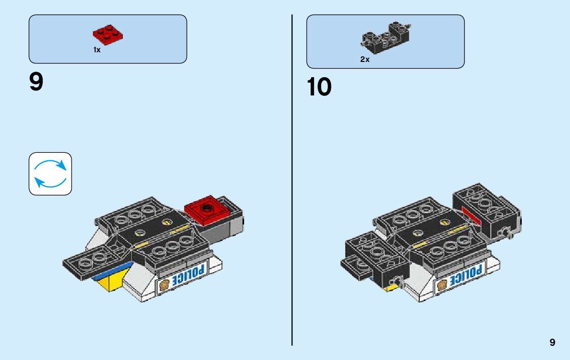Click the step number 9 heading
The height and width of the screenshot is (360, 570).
(37, 82)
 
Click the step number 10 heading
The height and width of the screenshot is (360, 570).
(319, 87)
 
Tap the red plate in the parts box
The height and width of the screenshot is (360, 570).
(108, 35)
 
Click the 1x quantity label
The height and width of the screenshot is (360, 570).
(96, 50)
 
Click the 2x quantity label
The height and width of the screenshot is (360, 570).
(365, 59)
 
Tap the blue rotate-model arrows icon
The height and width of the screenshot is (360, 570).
(50, 174)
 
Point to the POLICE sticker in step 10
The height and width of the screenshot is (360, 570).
(467, 276)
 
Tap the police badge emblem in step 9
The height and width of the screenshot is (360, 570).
(164, 286)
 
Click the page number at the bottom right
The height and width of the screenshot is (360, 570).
(552, 343)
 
